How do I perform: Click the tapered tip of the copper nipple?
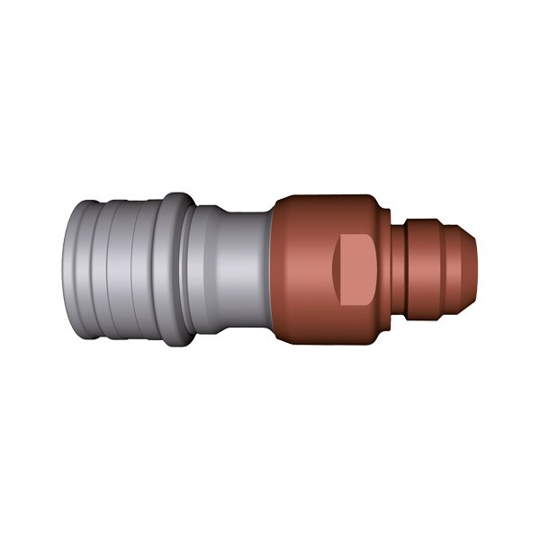pyautogui.click(x=469, y=270)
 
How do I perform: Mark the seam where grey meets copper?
pyautogui.click(x=272, y=270)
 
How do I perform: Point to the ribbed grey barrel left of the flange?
pyautogui.click(x=117, y=270)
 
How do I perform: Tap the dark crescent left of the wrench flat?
pyautogui.click(x=335, y=270)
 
